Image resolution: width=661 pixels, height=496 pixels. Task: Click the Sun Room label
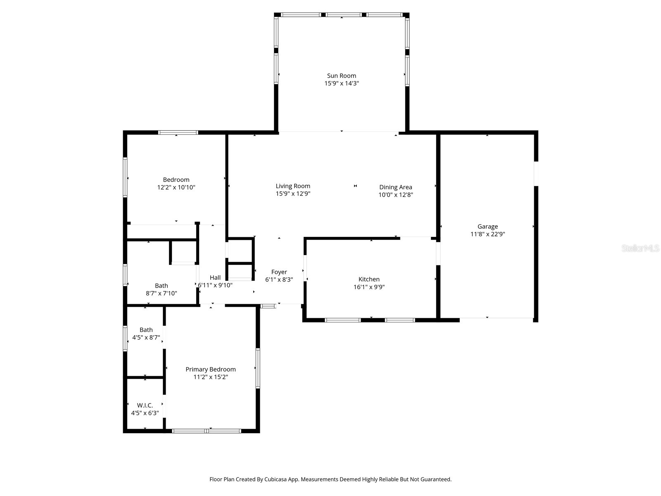341,76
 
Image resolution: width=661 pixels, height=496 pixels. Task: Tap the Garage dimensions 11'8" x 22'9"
487,234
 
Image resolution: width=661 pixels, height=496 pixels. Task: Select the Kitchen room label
369,279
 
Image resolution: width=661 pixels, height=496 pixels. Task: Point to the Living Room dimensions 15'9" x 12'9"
293,193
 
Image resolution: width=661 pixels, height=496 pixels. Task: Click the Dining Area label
395,187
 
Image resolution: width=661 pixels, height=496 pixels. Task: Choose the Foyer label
279,272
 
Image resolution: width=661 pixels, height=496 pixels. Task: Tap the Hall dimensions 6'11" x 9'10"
215,285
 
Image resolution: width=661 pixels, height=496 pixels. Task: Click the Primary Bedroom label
210,370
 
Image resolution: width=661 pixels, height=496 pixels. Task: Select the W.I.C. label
145,405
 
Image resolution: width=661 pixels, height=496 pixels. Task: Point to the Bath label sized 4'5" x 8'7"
146,330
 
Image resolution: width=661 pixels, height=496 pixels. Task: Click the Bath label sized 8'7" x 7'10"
161,286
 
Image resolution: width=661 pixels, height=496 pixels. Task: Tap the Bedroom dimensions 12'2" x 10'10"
176,187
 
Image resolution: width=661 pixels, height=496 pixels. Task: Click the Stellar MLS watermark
640,248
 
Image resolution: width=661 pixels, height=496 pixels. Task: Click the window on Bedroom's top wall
178,133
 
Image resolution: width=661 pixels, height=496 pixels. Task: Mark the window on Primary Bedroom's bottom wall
207,431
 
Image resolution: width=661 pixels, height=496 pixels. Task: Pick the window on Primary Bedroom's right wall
258,368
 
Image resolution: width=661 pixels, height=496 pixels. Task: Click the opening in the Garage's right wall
536,174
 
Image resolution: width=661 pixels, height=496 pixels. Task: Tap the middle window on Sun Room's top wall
344,15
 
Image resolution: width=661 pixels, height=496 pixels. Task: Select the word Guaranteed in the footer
436,479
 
